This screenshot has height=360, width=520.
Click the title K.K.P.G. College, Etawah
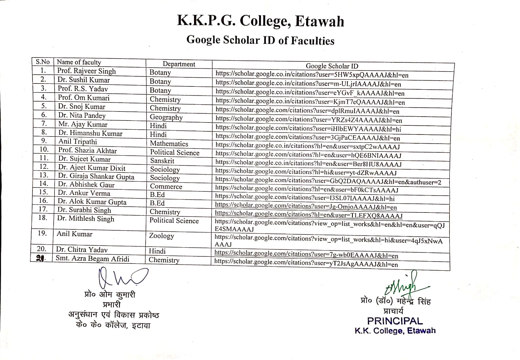pos(260,21)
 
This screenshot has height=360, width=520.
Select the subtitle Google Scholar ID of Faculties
pos(260,40)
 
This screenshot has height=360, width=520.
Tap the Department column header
pos(179,64)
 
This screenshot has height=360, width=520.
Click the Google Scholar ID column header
pos(332,66)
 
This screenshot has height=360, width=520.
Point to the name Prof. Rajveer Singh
pos(86,71)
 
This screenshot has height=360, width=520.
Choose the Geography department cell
pos(166,117)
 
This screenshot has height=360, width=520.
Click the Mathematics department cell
pos(169,144)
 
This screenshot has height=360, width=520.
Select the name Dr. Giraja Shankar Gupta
pos(96,176)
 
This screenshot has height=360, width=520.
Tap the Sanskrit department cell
pos(162,161)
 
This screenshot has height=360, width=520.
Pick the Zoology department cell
pos(162,236)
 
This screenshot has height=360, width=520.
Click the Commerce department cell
pos(166,186)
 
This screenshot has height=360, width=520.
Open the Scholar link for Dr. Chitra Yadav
pos(306,254)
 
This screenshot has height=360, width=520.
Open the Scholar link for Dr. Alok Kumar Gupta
pos(306,206)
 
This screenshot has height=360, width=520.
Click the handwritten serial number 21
pos(41,259)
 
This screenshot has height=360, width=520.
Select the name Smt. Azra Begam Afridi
pos(93,259)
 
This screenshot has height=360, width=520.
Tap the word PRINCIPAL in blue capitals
pos(395,321)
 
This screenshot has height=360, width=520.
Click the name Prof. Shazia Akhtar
pos(87,150)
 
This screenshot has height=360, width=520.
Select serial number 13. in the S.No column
pos(44,175)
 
